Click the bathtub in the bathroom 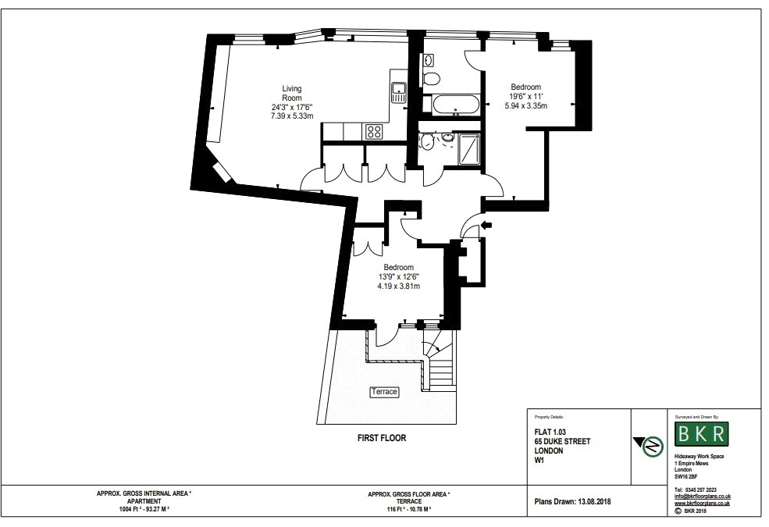pos(456,105)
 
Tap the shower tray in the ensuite pos(470,149)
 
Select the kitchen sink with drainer pos(399,93)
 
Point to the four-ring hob pos(375,131)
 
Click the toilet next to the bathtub pos(431,78)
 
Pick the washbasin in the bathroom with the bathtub pos(428,60)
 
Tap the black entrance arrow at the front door pos(487,225)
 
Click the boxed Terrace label pos(384,392)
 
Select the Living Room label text pos(292,93)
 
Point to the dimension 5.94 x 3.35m pos(525,105)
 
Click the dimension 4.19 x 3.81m pos(399,287)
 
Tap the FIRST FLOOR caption pos(382,438)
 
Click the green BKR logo pos(701,434)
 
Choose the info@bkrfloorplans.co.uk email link pos(703,496)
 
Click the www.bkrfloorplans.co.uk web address pos(702,503)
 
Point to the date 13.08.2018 pos(594,501)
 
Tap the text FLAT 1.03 pos(550,432)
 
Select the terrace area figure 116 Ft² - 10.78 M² pos(408,509)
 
